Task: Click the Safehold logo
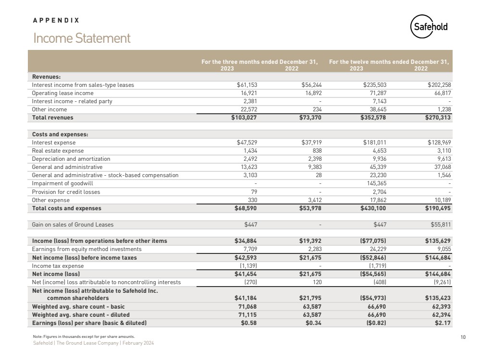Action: [x=429, y=27]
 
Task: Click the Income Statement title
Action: [x=81, y=38]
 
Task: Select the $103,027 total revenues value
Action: [x=246, y=118]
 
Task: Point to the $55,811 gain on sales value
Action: [x=439, y=225]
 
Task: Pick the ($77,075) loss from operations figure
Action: [x=371, y=241]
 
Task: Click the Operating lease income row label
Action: [x=62, y=93]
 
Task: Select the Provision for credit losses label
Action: [x=66, y=192]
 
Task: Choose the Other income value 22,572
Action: [x=248, y=109]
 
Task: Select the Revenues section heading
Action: [x=46, y=77]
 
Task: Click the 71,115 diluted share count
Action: [x=248, y=315]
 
